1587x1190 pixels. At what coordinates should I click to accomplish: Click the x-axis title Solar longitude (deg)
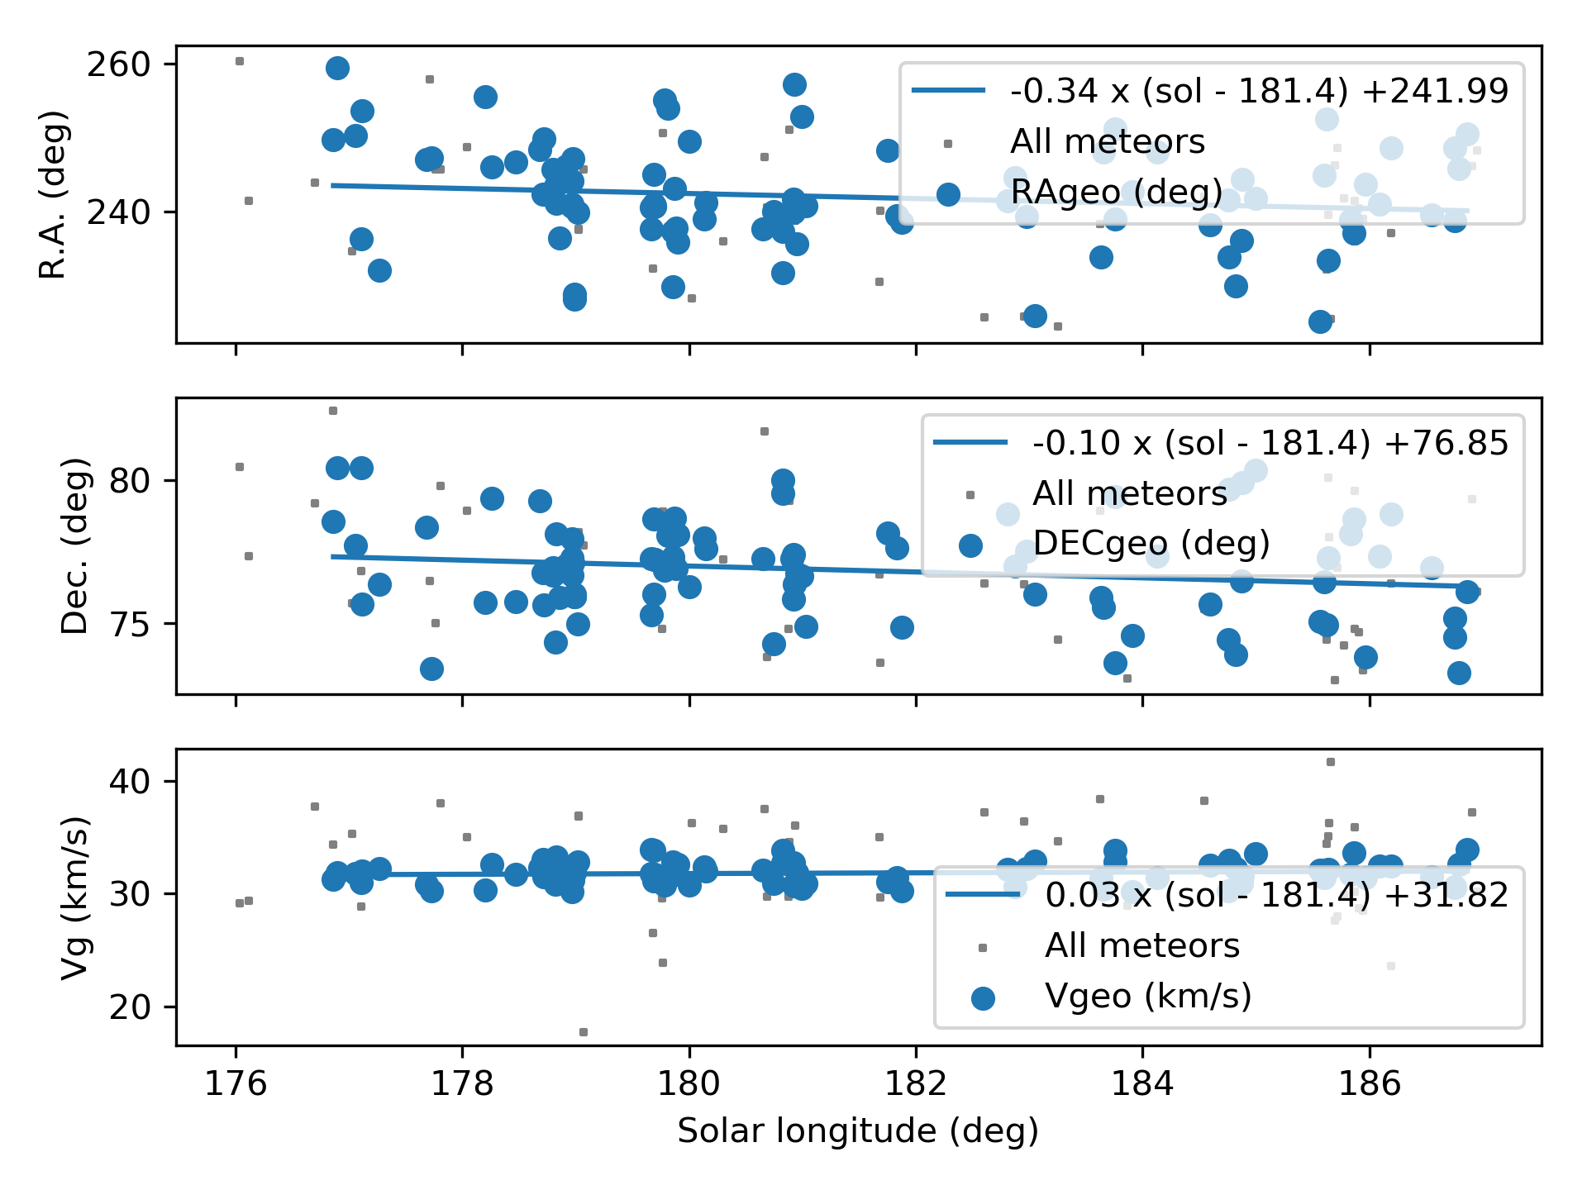coord(858,1130)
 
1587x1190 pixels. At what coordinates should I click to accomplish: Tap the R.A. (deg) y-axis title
coord(54,195)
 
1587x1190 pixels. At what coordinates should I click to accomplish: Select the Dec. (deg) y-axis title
coord(75,545)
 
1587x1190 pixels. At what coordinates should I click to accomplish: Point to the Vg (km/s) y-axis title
coord(75,897)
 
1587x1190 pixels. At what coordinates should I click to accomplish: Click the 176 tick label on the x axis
coord(236,1083)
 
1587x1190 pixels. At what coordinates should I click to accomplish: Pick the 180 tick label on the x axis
coord(689,1083)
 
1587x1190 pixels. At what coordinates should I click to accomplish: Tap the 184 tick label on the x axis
coord(1142,1083)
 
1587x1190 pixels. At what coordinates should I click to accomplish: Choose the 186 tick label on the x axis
coord(1370,1083)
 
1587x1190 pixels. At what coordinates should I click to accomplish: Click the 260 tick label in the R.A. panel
coord(118,64)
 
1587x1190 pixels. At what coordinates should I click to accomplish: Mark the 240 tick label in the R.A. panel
coord(118,212)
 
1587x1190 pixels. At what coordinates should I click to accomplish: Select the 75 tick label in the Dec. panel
coord(129,624)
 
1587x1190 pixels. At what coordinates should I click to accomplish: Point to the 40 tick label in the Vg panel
coord(129,781)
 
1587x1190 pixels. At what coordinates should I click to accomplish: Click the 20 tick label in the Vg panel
coord(129,1007)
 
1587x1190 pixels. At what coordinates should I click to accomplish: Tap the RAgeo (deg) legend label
coord(1116,192)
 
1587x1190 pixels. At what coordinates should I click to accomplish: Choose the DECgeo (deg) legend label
coord(1151,544)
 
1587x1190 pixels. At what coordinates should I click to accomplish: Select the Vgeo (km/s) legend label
coord(1148,996)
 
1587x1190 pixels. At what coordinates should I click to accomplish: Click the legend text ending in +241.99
coord(1259,91)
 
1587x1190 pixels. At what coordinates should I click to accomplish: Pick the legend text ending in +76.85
coord(1270,443)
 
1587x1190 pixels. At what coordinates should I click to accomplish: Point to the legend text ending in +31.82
coord(1277,895)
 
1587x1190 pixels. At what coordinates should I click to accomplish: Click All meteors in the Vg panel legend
coord(1142,945)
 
